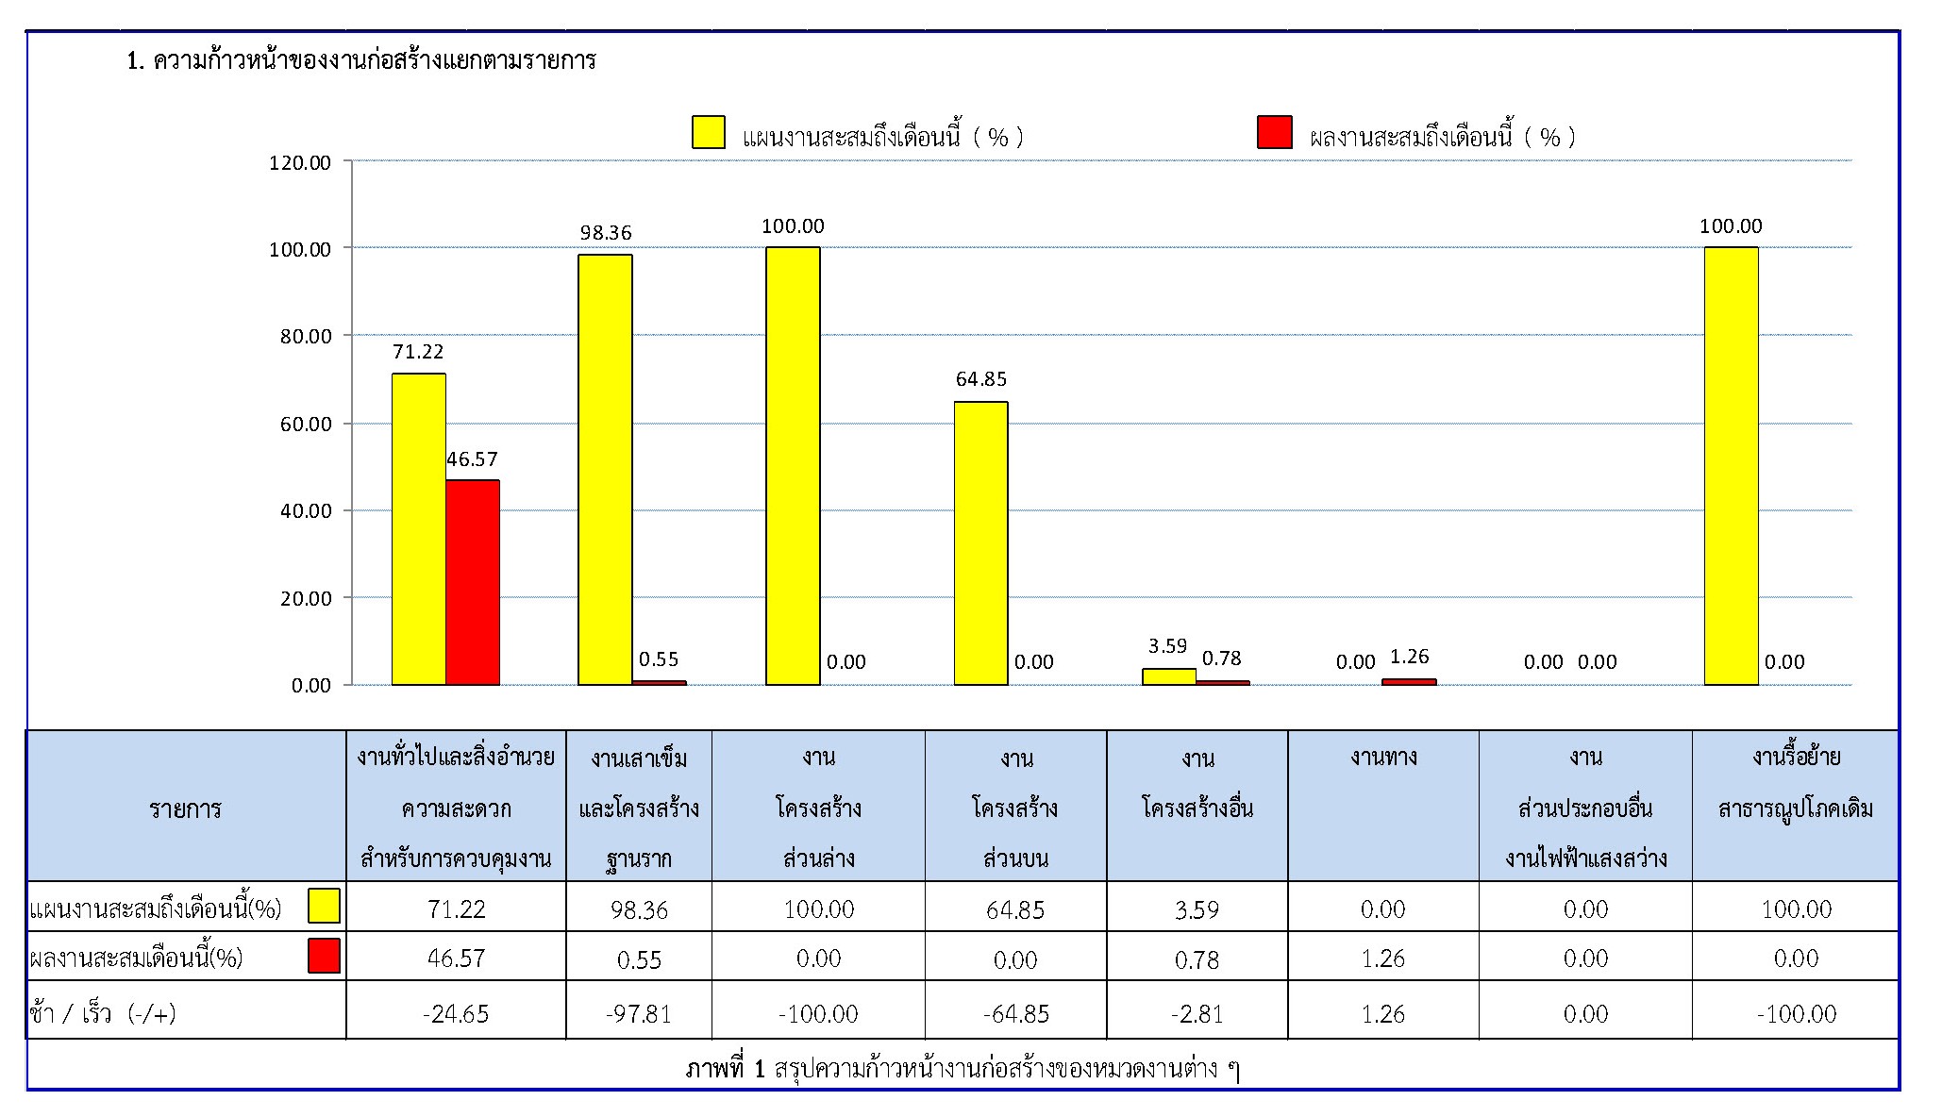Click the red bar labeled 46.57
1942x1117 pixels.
[x=473, y=582]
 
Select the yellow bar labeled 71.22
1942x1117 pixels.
[x=418, y=528]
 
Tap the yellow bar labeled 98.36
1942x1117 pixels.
[x=605, y=469]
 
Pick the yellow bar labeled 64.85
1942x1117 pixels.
[x=980, y=542]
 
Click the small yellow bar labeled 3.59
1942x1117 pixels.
[x=1168, y=676]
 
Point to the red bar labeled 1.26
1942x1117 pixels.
[x=1409, y=681]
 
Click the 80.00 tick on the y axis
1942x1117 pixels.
[x=306, y=337]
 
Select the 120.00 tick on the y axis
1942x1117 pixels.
[x=300, y=162]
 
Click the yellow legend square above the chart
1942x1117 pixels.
[x=709, y=132]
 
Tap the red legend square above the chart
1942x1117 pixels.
[x=1274, y=132]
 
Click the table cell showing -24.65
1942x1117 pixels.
[x=456, y=1013]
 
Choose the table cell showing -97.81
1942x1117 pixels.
[x=639, y=1013]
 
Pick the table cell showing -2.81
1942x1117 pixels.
[x=1197, y=1013]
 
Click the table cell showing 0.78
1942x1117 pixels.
[x=1197, y=959]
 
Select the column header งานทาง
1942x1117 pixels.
[x=1383, y=758]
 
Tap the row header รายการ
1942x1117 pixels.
[x=185, y=809]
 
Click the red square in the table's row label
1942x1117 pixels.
[x=324, y=956]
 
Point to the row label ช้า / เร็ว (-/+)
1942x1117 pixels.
[x=103, y=1013]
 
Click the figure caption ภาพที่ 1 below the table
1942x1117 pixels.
[x=962, y=1068]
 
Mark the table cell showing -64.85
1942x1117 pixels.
[x=1015, y=1013]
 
